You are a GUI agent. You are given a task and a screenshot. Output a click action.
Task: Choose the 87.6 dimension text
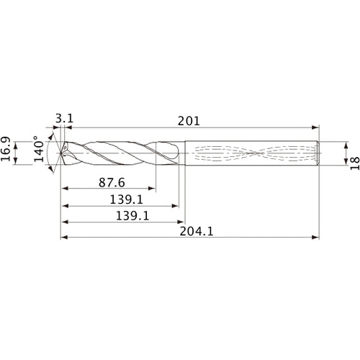click(x=108, y=182)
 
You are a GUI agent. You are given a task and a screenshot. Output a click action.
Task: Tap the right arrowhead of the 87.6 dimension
click(x=152, y=189)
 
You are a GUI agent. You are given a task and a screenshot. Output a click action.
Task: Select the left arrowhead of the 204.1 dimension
click(x=60, y=237)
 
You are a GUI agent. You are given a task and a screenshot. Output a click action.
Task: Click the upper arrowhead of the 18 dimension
click(x=338, y=143)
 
